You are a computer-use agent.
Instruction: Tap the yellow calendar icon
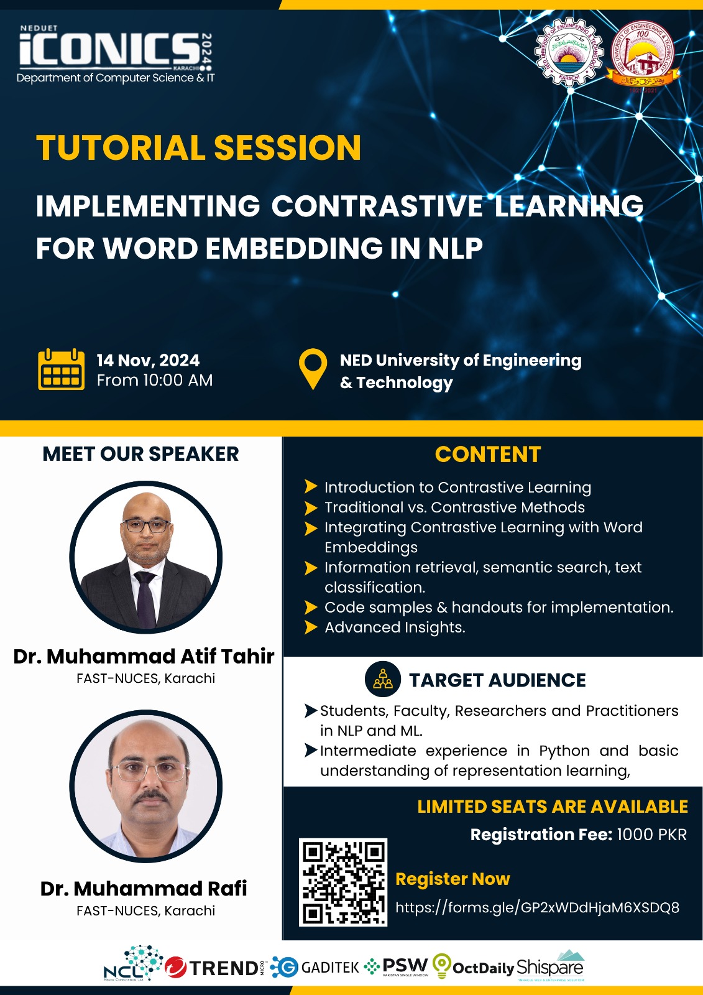point(61,369)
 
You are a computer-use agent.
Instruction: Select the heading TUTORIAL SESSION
point(198,148)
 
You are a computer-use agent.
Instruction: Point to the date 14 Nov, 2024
point(148,361)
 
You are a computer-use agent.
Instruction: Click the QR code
point(343,882)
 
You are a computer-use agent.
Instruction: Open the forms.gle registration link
point(537,907)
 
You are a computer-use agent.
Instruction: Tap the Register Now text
point(453,879)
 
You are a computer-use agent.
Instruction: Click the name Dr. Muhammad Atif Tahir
point(144,656)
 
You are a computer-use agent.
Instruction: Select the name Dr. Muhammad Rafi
point(144,889)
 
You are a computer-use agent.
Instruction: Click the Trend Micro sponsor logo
point(214,968)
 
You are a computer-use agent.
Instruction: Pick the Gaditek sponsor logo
point(316,967)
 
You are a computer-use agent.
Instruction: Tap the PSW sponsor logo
point(397,966)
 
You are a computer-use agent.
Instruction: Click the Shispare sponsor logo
point(551,966)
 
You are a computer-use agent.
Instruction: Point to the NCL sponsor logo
point(132,965)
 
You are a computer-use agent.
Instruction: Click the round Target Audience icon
point(383,679)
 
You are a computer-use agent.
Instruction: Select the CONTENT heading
point(488,455)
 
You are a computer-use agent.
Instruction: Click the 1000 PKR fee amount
point(651,835)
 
